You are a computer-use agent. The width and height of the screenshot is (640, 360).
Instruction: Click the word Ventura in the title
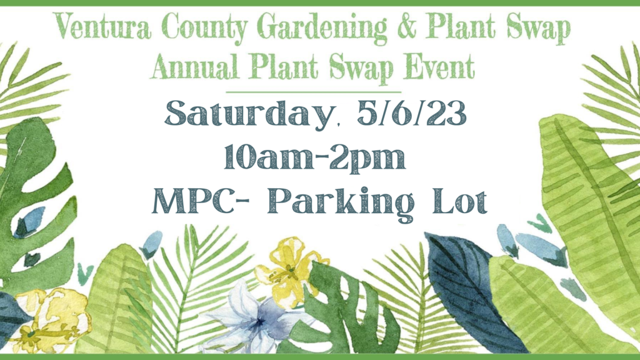[x=102, y=27]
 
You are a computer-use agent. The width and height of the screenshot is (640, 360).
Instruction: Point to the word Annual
[x=194, y=66]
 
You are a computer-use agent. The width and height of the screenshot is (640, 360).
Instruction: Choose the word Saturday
[x=249, y=114]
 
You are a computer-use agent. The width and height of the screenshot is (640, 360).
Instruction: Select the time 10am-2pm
[x=315, y=157]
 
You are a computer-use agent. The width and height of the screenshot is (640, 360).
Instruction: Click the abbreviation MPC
[x=192, y=201]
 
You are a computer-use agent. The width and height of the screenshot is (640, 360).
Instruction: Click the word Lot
[x=460, y=201]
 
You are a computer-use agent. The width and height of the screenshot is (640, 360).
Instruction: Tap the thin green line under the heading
[x=314, y=92]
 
